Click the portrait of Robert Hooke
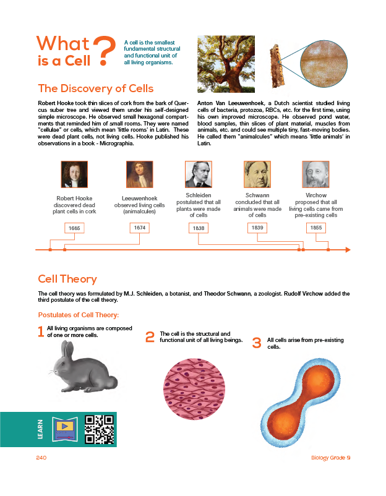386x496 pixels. pyautogui.click(x=74, y=174)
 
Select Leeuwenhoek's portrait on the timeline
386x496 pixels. pyautogui.click(x=139, y=174)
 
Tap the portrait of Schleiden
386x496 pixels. pyautogui.click(x=199, y=174)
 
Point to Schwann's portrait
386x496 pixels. pyautogui.click(x=257, y=174)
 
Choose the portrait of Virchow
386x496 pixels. pyautogui.click(x=315, y=174)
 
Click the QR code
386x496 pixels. pyautogui.click(x=99, y=429)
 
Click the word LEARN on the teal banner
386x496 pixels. pyautogui.click(x=41, y=428)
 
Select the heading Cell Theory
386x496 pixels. pyautogui.click(x=67, y=279)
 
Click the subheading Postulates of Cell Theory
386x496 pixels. pyautogui.click(x=79, y=315)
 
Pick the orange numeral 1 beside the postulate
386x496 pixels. pyautogui.click(x=41, y=332)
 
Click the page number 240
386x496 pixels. pyautogui.click(x=41, y=458)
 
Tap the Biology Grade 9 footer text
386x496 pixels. pyautogui.click(x=331, y=458)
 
